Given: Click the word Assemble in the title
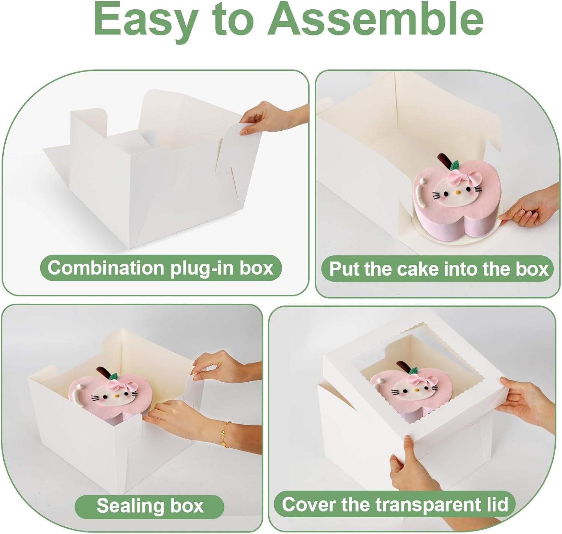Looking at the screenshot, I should tap(375, 19).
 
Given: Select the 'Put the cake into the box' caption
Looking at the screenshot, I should tap(438, 269).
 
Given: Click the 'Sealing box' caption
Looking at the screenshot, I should tap(150, 506).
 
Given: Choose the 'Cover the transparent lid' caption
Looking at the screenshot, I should tap(395, 504).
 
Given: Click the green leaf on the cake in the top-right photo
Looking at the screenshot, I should tap(455, 165).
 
